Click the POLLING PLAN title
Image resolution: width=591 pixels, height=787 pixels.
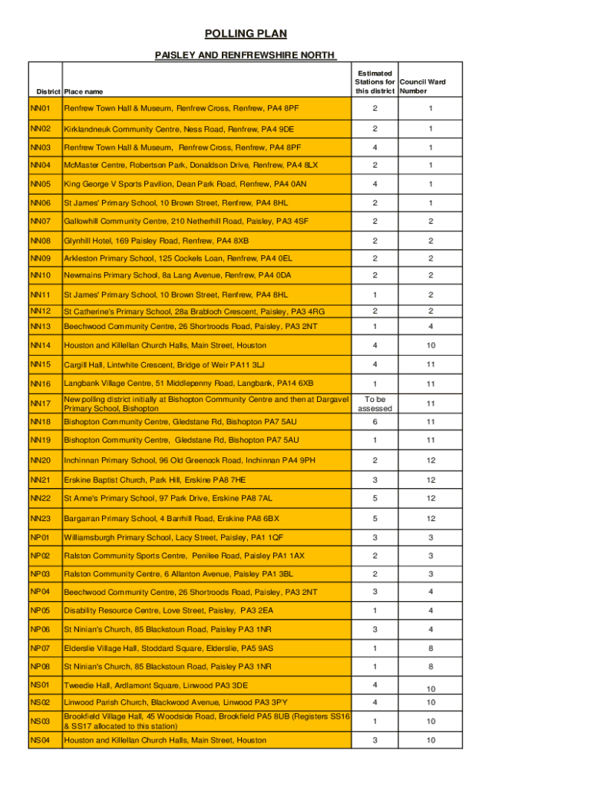245,34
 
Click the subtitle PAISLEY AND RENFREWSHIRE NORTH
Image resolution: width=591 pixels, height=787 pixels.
245,55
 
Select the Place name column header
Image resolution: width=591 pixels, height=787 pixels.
84,91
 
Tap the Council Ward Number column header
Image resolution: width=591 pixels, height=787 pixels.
422,86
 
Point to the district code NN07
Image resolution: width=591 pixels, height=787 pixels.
40,221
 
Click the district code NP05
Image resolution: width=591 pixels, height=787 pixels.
40,611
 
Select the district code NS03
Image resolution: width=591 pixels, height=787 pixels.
40,721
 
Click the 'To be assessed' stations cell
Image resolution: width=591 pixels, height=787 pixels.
375,403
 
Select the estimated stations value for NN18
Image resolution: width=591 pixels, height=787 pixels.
375,422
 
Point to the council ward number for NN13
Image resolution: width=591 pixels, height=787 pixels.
431,327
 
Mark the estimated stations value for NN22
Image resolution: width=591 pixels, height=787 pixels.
375,499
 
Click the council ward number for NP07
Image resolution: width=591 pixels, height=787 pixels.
431,648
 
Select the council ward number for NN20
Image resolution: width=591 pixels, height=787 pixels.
431,460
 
